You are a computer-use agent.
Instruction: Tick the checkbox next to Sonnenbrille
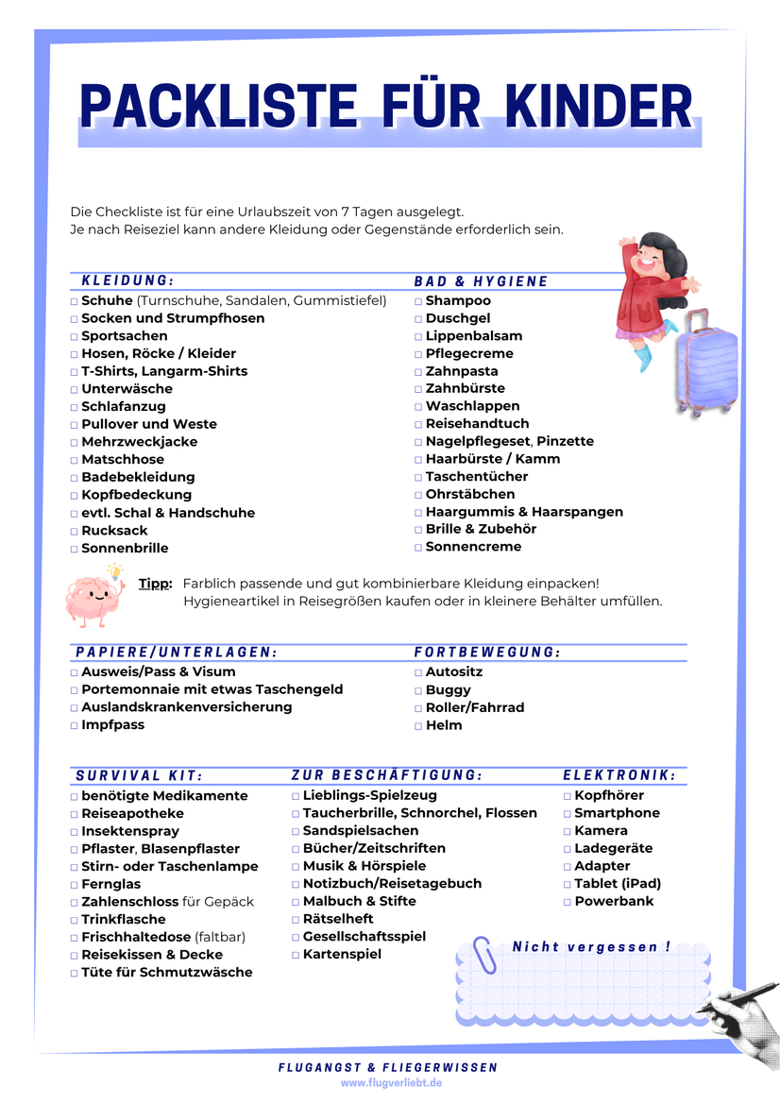pos(75,549)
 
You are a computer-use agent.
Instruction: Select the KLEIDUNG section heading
pos(127,280)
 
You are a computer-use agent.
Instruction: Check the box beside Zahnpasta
pos(418,372)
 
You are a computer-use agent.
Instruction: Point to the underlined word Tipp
pos(155,584)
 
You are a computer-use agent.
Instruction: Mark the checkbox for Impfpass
pos(75,726)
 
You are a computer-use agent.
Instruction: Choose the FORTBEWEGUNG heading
pos(487,653)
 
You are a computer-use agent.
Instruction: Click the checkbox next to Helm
pos(418,726)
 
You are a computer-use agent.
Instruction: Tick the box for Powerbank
pos(568,902)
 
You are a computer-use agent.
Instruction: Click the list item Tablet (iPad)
pos(618,884)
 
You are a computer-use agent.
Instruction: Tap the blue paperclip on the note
pos(484,954)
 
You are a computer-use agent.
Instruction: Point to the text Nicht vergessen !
pos(592,946)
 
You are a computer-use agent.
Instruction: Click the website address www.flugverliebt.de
pos(391,1082)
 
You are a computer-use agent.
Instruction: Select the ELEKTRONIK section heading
pos(619,775)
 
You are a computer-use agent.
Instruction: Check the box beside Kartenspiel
pos(296,955)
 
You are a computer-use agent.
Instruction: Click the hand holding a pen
pos(740,1015)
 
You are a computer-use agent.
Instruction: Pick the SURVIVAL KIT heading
pos(139,775)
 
